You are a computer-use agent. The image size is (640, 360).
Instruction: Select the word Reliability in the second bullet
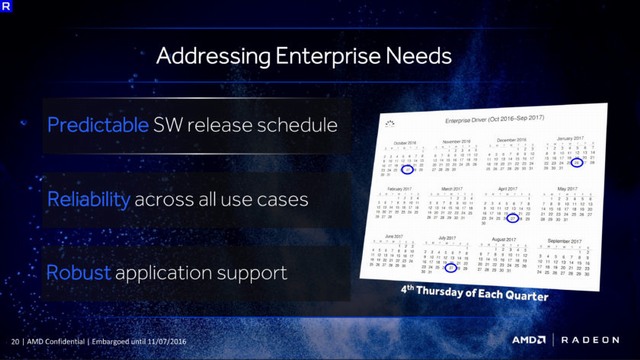point(89,199)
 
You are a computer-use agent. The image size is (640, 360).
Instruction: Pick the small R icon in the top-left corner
point(9,9)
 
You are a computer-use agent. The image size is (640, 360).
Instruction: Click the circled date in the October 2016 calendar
point(407,170)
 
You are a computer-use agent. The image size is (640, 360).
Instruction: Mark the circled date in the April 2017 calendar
point(513,216)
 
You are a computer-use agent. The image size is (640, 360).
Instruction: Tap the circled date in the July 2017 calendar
point(451,267)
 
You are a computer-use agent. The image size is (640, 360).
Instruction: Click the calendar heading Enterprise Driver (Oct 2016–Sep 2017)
point(491,123)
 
